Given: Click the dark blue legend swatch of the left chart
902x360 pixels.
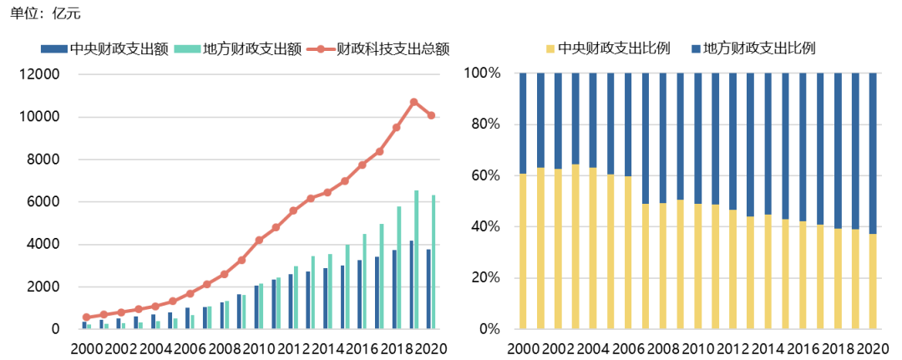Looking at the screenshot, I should tap(53, 49).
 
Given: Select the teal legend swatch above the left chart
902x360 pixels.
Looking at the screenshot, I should tap(187, 49).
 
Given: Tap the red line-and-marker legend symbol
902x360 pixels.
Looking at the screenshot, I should tap(321, 49).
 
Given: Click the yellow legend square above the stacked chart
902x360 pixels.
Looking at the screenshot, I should tap(550, 49).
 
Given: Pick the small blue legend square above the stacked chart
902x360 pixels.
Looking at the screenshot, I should tap(696, 49).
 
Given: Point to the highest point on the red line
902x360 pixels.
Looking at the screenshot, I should tap(413, 102).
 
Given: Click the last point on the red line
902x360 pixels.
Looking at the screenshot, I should tap(431, 115).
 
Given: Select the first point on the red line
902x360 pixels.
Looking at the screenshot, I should tap(86, 317).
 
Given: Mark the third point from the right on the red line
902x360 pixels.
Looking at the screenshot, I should tap(396, 127).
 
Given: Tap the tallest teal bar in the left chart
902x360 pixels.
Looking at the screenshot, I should tap(417, 259).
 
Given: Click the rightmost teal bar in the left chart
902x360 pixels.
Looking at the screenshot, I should tap(434, 261).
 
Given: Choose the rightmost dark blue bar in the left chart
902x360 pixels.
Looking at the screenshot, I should tap(428, 288).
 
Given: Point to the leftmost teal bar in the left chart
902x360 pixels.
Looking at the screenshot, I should tap(89, 326).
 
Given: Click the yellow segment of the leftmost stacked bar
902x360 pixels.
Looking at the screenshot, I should tap(524, 251).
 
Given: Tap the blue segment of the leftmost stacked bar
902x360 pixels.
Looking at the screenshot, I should tap(524, 124).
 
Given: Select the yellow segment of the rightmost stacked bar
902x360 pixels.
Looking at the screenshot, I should tap(873, 281).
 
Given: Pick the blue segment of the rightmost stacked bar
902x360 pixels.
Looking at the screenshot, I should tap(873, 153).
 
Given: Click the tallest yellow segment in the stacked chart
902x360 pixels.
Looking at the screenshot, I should tap(575, 246).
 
